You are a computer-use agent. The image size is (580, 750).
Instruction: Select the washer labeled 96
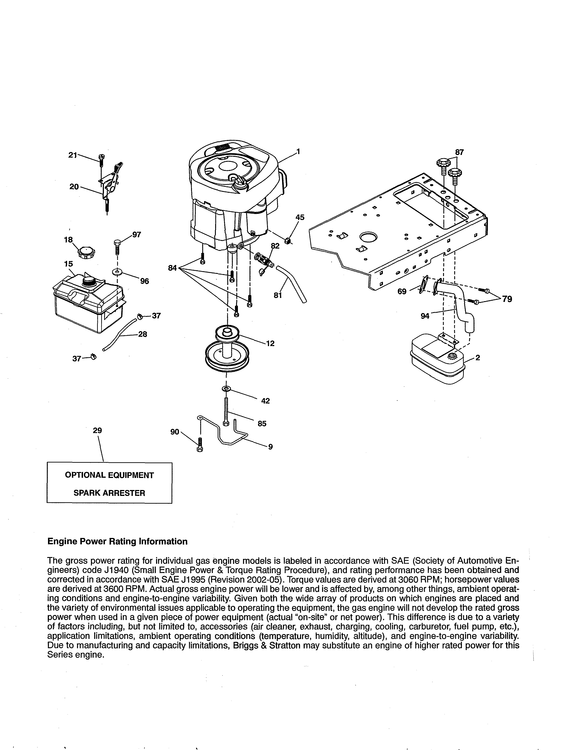[x=118, y=272]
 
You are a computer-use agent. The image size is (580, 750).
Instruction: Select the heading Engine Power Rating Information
[x=117, y=542]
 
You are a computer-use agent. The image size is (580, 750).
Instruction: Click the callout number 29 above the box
[x=97, y=430]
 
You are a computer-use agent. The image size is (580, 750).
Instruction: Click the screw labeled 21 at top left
[x=101, y=158]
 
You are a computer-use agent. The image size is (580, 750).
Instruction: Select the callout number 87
[x=459, y=152]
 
